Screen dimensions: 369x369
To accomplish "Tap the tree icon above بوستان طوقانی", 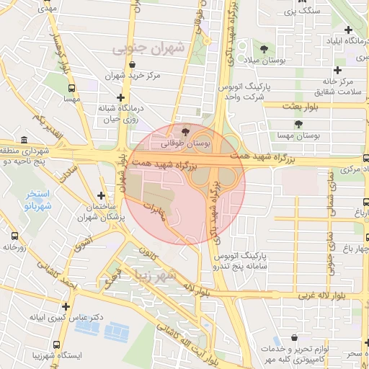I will click(x=187, y=132).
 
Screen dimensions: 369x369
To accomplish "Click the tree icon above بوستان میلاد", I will click(x=264, y=49).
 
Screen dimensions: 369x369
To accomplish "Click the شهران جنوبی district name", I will click(x=148, y=49).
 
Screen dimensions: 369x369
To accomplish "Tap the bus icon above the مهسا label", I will click(x=71, y=89).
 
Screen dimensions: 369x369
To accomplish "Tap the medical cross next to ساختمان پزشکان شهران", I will click(x=101, y=195).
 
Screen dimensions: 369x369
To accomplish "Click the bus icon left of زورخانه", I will click(x=14, y=235).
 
